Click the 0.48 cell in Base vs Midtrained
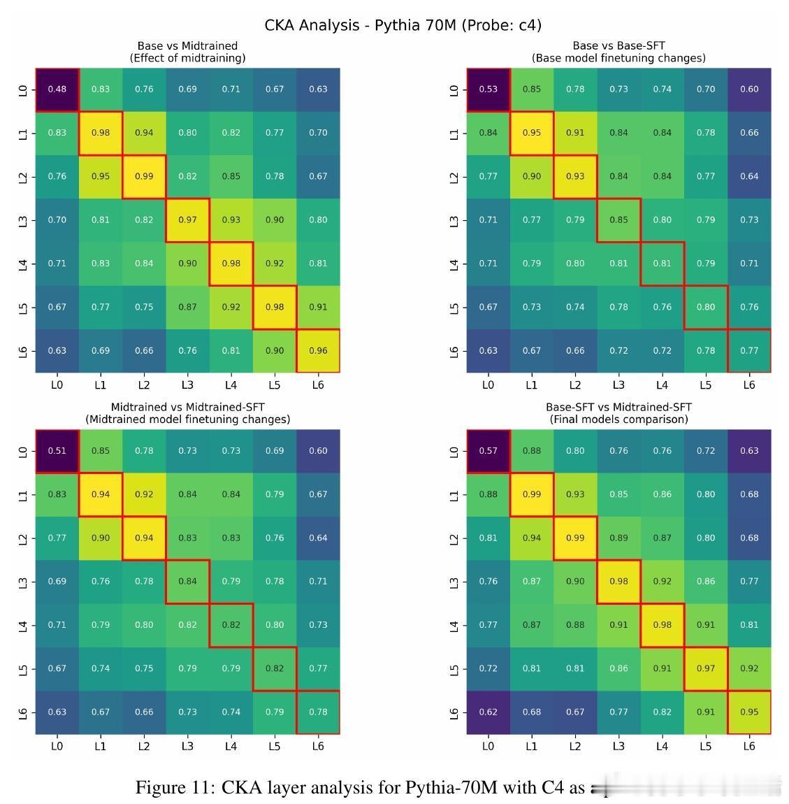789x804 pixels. pos(57,89)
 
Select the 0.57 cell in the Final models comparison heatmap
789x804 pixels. pos(488,451)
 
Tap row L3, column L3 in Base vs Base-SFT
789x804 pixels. pos(618,220)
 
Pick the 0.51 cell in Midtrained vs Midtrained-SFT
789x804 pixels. pos(57,451)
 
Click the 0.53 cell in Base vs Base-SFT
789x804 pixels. pos(488,89)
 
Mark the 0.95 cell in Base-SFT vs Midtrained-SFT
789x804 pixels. pos(749,712)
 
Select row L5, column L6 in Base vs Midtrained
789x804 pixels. pos(318,307)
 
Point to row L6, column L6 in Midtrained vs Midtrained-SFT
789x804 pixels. pos(318,712)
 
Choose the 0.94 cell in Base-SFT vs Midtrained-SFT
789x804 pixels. pos(532,538)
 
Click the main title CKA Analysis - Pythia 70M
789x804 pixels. pos(403,25)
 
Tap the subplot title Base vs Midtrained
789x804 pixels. pos(187,46)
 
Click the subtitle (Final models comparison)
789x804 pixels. pos(618,419)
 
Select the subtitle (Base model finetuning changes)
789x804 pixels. pos(618,58)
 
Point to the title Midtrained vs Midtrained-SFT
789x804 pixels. pos(187,407)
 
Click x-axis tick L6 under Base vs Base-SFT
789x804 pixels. pos(749,385)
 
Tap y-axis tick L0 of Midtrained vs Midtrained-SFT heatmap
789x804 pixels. pos(25,451)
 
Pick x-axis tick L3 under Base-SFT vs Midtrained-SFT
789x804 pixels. pos(618,746)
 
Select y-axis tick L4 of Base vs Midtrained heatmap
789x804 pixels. pos(25,264)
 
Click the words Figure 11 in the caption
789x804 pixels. pos(175,788)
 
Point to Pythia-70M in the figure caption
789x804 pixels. pos(451,788)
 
